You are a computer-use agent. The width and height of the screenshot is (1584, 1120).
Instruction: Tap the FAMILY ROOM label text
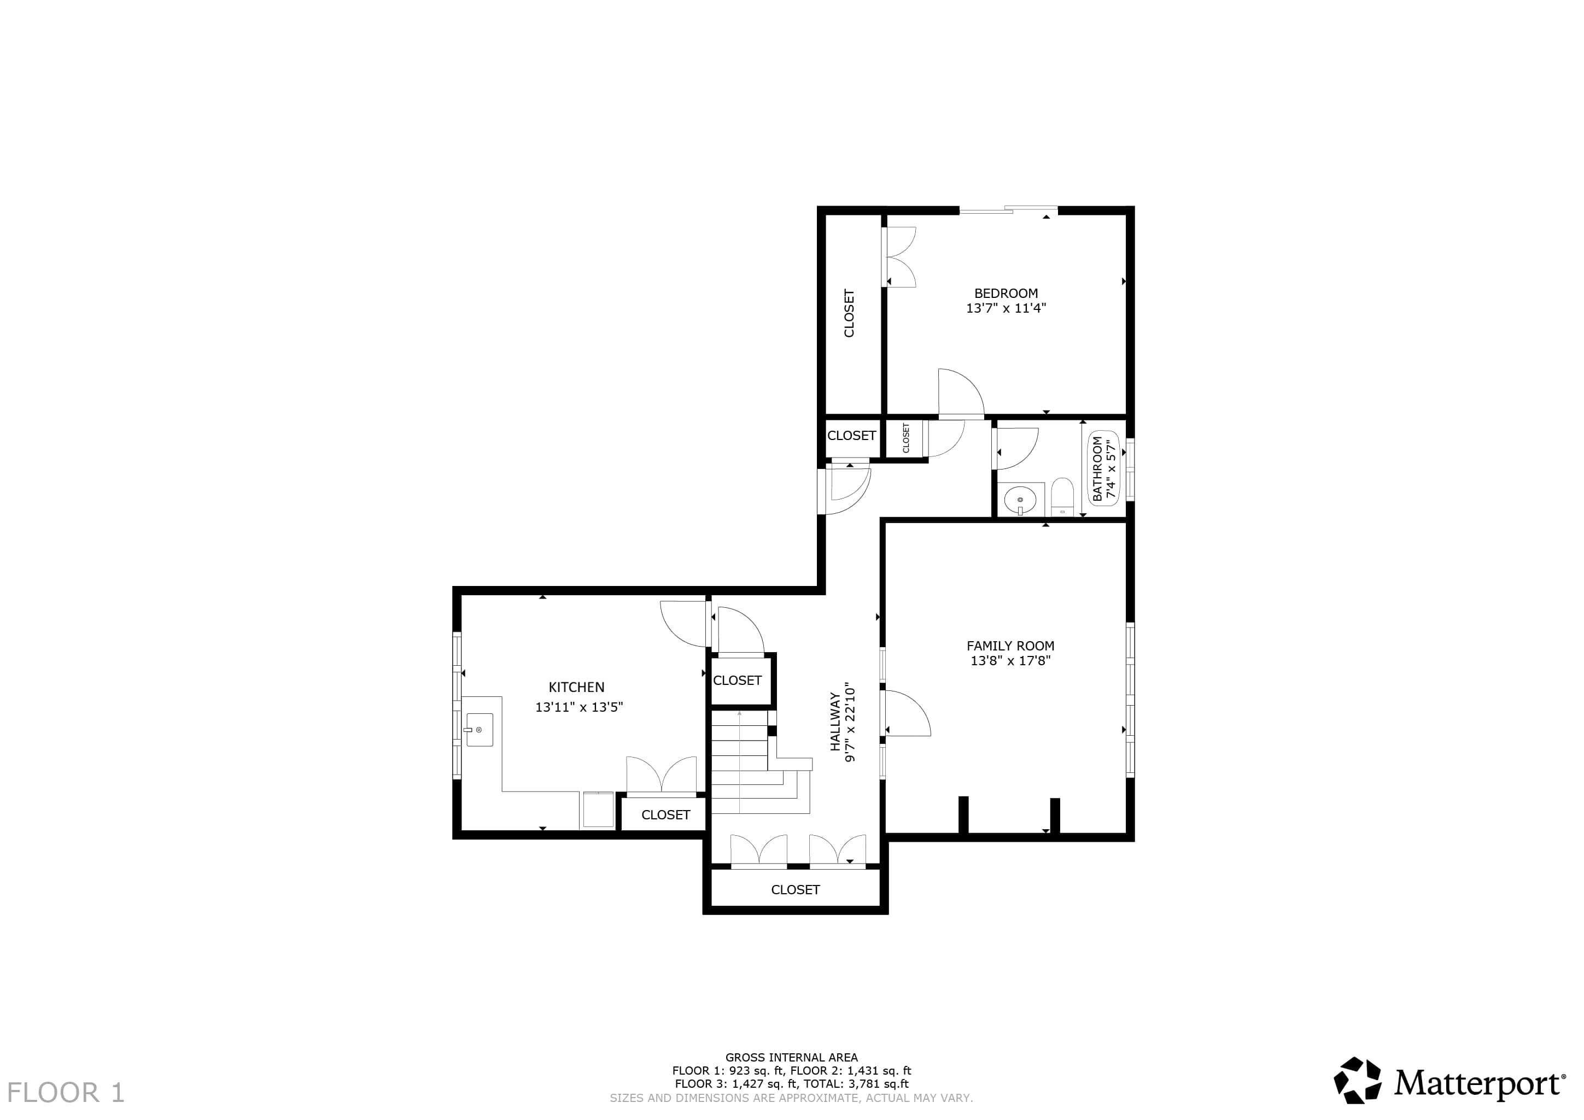[x=1010, y=646]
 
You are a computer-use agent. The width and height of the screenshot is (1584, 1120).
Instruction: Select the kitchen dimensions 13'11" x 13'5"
[x=579, y=707]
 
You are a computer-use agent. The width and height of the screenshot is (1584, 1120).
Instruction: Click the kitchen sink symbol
[x=480, y=730]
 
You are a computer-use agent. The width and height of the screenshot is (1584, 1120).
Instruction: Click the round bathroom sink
[x=1020, y=499]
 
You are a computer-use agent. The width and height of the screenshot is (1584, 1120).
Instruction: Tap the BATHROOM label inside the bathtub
[x=1097, y=469]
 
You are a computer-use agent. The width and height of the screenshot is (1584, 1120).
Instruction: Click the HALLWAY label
[x=835, y=722]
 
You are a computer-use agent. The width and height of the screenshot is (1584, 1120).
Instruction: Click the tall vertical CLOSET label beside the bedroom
[x=849, y=313]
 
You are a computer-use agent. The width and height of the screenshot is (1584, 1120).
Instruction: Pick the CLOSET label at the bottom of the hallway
[x=795, y=890]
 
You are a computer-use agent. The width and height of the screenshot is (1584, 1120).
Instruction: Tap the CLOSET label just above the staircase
[x=737, y=680]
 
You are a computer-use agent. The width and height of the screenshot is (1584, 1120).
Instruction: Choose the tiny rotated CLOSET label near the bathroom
[x=906, y=438]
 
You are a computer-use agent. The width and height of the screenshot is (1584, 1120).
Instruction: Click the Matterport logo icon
[x=1357, y=1080]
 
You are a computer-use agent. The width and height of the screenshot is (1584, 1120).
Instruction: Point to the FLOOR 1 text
[x=66, y=1093]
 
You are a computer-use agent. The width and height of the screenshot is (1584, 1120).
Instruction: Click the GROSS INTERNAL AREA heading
[x=791, y=1057]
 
